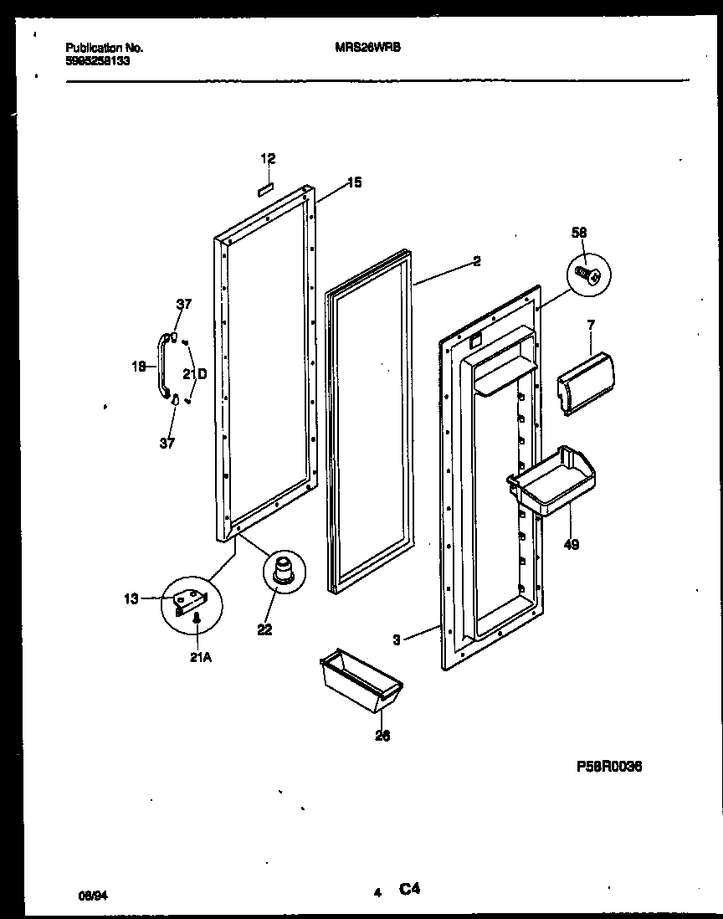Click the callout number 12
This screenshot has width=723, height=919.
coord(268,159)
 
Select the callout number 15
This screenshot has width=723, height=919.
coord(354,182)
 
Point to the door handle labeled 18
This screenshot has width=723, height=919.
coord(159,366)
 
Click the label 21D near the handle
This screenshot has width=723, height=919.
coord(194,373)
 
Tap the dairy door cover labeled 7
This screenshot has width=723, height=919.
coord(586,382)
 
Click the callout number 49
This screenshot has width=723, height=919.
coord(571,545)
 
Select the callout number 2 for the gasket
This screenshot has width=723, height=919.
coord(476,261)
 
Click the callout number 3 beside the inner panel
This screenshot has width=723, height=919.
coord(396,640)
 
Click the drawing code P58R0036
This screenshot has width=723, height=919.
coord(609,766)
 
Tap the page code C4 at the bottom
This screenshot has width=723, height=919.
coord(408,891)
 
